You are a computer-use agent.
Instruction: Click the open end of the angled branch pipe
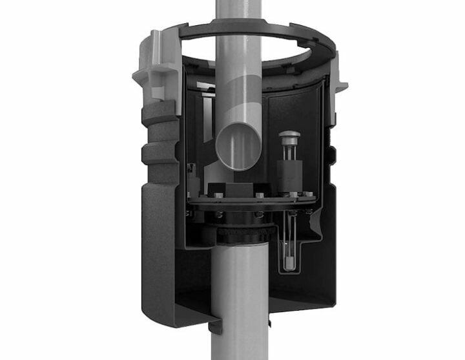coord(235,147)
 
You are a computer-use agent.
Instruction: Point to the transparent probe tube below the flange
coord(287,242)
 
